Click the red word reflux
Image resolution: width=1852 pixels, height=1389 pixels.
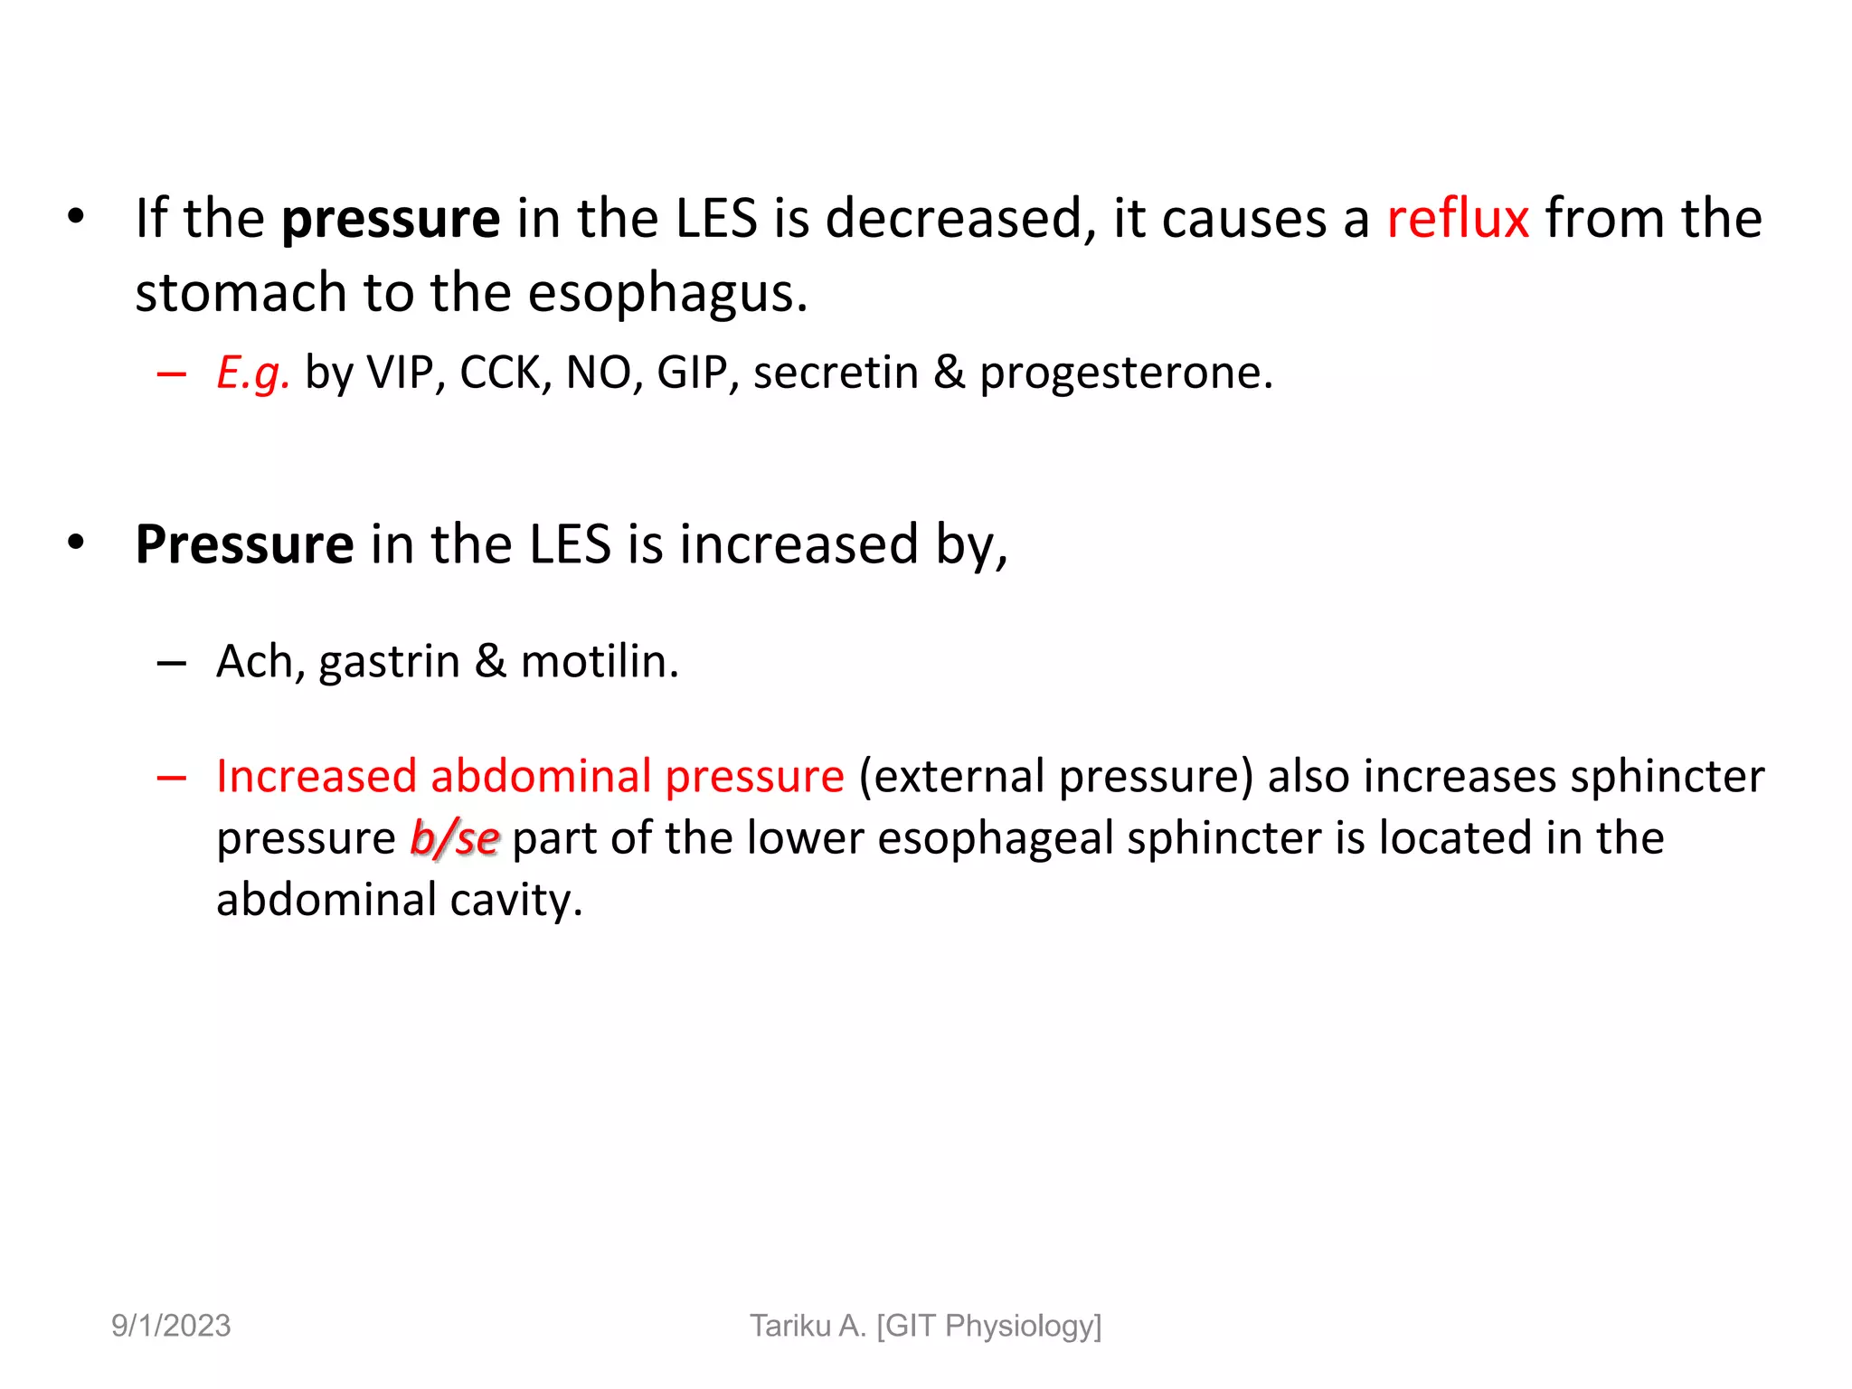pyautogui.click(x=1458, y=219)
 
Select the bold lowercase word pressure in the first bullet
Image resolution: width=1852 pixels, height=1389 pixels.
pyautogui.click(x=391, y=221)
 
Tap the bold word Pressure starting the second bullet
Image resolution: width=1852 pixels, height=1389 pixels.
pyautogui.click(x=244, y=544)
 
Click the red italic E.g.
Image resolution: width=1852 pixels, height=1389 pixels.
pyautogui.click(x=253, y=373)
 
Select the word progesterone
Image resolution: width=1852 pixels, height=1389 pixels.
pyautogui.click(x=1125, y=373)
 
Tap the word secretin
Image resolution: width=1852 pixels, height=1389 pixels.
pyautogui.click(x=836, y=373)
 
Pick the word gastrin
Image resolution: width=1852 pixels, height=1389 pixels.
pyautogui.click(x=390, y=663)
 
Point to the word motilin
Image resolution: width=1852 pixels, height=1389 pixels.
pyautogui.click(x=599, y=661)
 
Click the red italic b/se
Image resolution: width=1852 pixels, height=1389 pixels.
pyautogui.click(x=454, y=838)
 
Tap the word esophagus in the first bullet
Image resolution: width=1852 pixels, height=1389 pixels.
pyautogui.click(x=666, y=295)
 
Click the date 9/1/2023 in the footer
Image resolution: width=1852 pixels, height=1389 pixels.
pyautogui.click(x=171, y=1326)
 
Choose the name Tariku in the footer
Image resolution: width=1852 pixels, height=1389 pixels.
pyautogui.click(x=789, y=1326)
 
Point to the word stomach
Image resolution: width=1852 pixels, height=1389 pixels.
pyautogui.click(x=241, y=293)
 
